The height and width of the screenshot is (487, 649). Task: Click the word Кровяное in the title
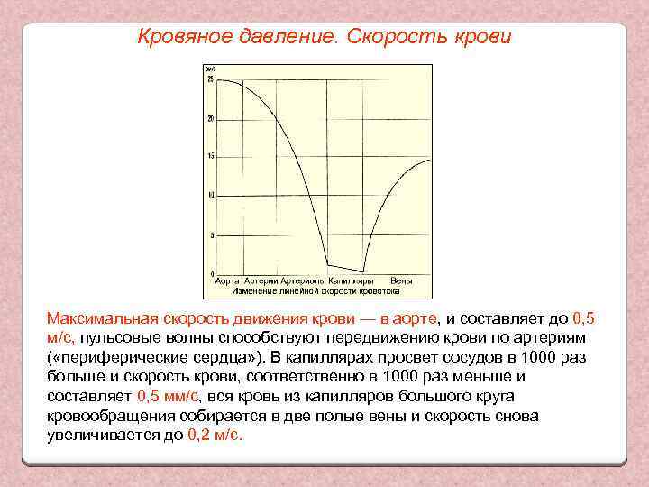pyautogui.click(x=178, y=38)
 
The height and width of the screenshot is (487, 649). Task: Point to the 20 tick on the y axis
pyautogui.click(x=210, y=119)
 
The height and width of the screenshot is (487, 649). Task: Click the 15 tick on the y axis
pyautogui.click(x=210, y=157)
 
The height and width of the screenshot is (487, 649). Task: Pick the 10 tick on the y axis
pyautogui.click(x=210, y=196)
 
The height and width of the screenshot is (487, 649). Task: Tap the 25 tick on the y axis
pyautogui.click(x=210, y=80)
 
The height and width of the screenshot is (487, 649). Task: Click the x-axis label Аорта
pyautogui.click(x=227, y=281)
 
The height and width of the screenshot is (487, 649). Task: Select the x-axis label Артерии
pyautogui.click(x=260, y=281)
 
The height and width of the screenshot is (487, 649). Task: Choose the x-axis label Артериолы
pyautogui.click(x=303, y=281)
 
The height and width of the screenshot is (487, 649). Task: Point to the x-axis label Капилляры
pyautogui.click(x=352, y=281)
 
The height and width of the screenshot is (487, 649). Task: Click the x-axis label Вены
pyautogui.click(x=402, y=281)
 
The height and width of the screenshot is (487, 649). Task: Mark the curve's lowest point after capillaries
pyautogui.click(x=363, y=271)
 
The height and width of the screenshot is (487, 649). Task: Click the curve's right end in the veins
pyautogui.click(x=430, y=160)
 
